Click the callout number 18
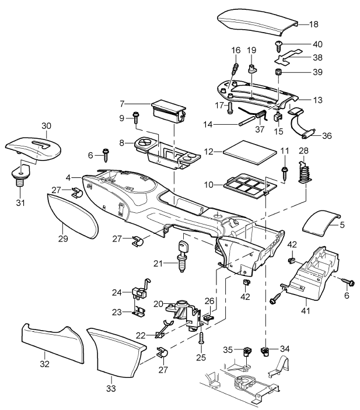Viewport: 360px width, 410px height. (313, 24)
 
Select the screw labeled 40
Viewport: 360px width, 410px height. (279, 45)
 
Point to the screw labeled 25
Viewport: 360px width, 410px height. (201, 337)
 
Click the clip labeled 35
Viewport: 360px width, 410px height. (247, 351)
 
